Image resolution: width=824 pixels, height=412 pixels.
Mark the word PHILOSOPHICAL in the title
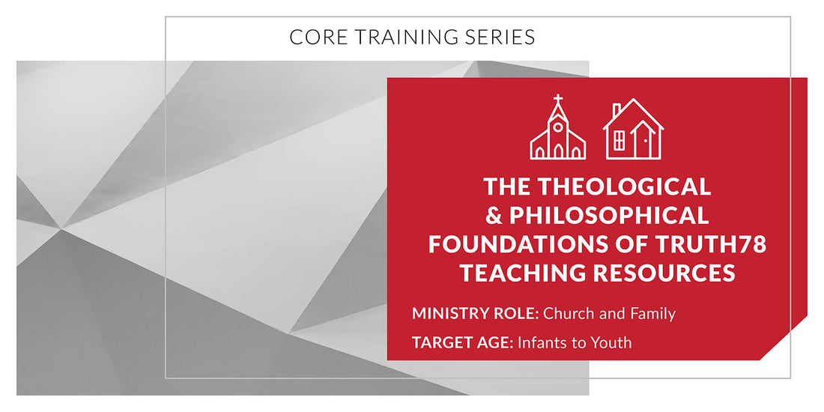point(609,216)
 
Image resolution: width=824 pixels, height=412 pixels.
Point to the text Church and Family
point(609,314)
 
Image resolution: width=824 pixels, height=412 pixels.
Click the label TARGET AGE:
point(461,343)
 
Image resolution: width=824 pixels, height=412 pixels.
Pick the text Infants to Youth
point(574,343)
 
